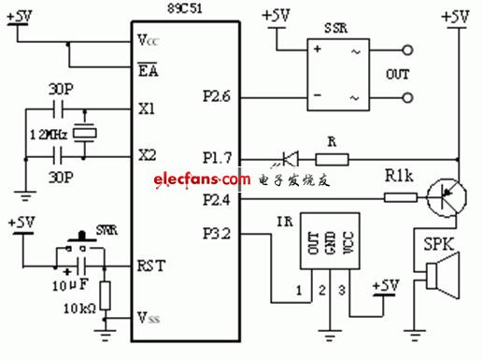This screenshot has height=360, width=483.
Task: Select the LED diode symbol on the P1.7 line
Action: point(291,160)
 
